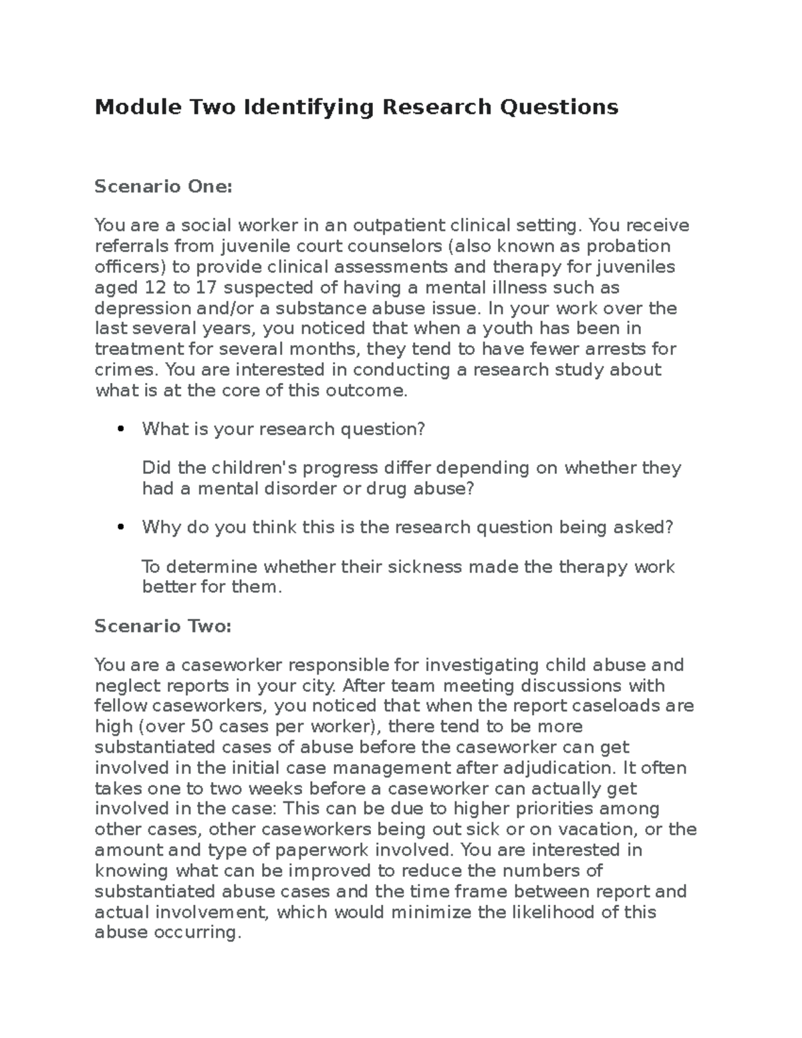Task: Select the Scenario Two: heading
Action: pos(163,626)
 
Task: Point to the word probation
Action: pos(628,246)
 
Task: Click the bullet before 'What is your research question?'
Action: pos(120,429)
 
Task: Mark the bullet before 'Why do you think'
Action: pos(120,527)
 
